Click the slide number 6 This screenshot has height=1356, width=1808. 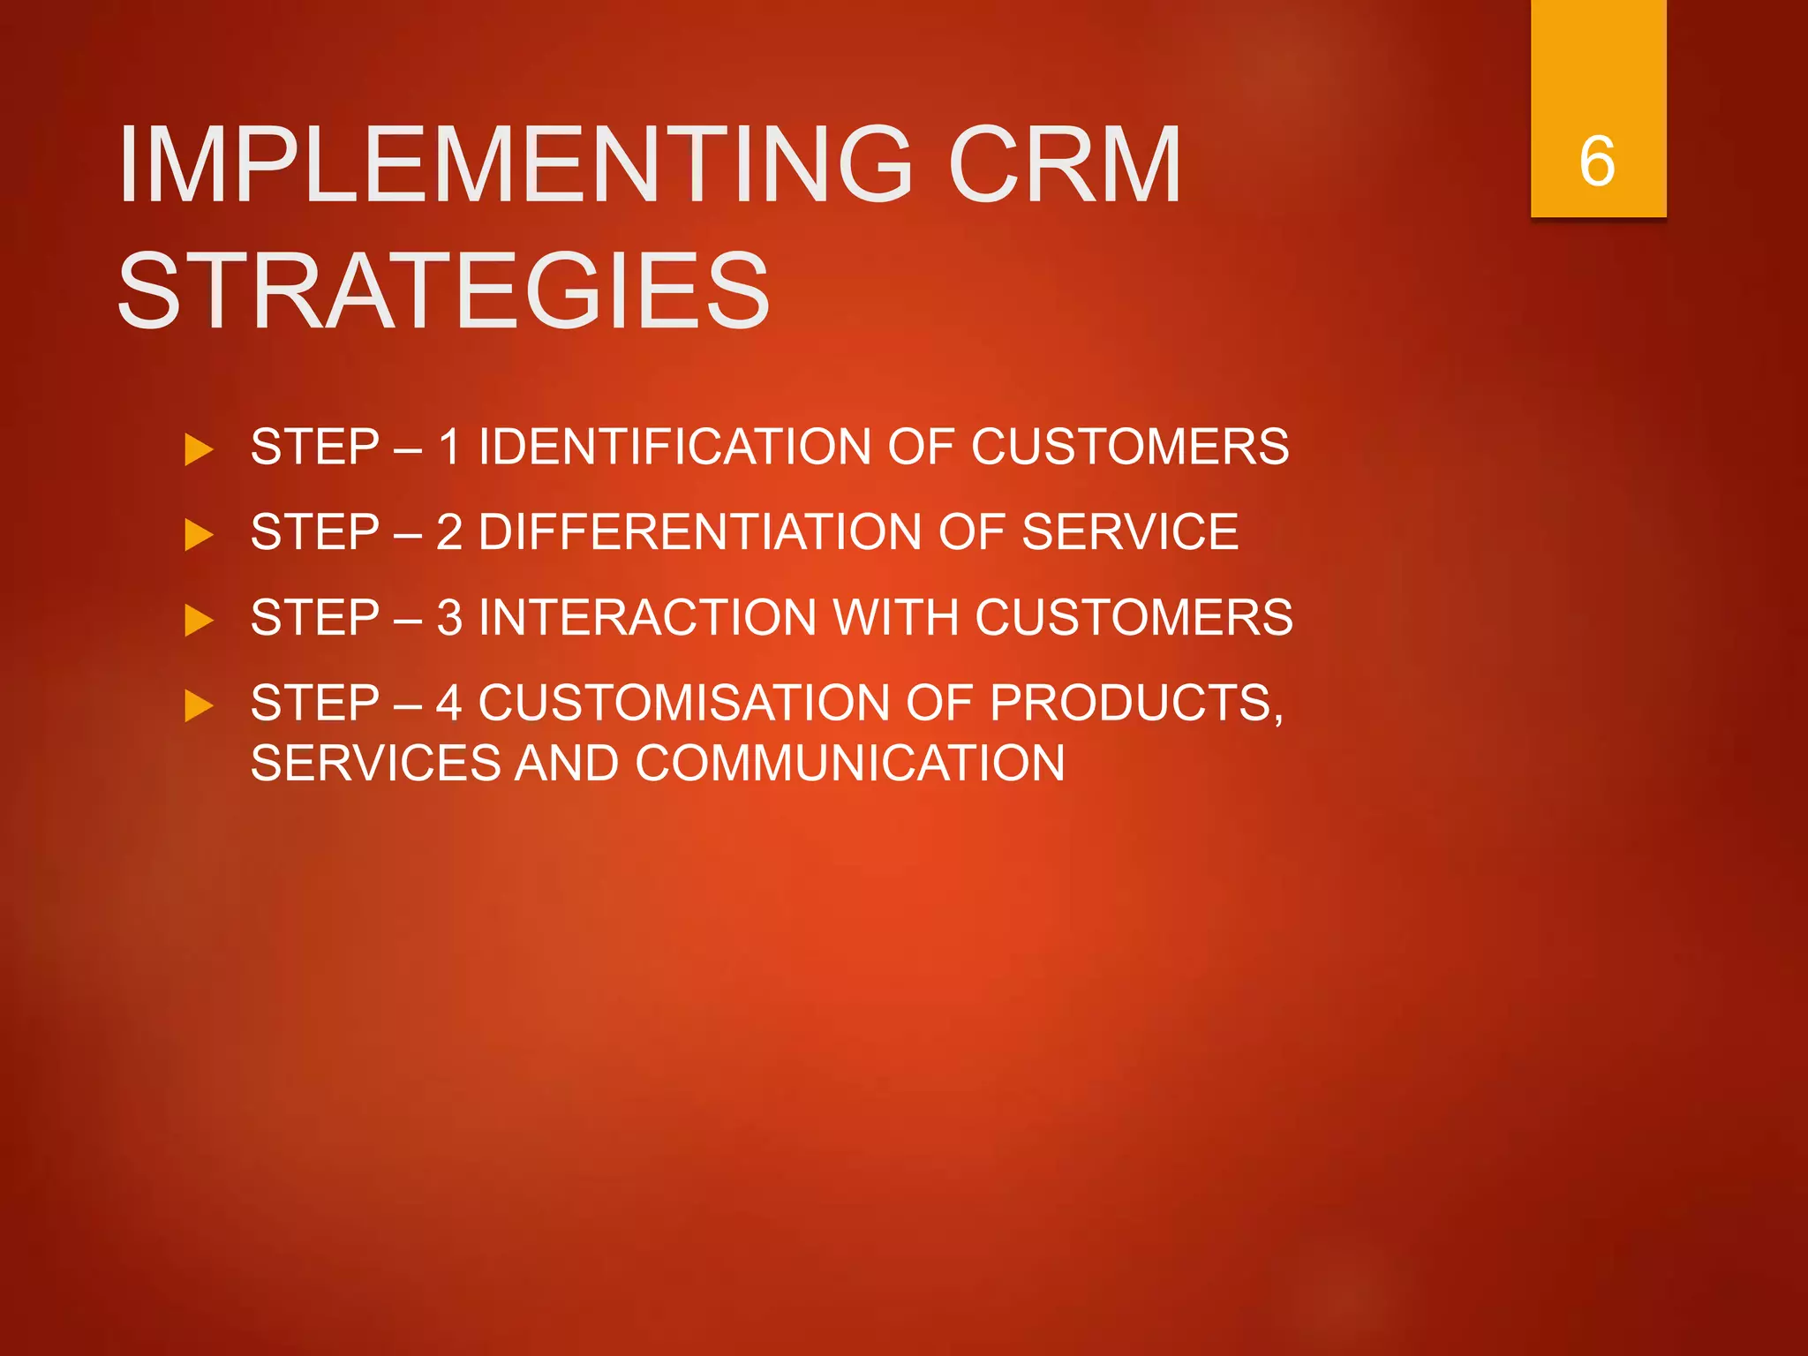click(x=1597, y=162)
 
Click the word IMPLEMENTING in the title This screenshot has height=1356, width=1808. click(x=516, y=165)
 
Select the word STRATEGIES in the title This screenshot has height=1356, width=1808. click(x=444, y=291)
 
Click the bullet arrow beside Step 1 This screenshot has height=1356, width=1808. click(x=199, y=450)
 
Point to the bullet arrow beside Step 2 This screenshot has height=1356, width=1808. click(x=199, y=535)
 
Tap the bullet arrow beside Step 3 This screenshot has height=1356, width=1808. click(x=199, y=621)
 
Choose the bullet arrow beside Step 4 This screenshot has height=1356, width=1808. click(x=199, y=706)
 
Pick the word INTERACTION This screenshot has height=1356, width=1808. click(x=647, y=617)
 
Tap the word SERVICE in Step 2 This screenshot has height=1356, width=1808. click(x=1130, y=532)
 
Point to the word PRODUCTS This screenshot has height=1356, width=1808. click(x=1136, y=704)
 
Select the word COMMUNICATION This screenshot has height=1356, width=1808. click(x=849, y=763)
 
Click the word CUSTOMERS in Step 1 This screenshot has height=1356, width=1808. click(x=1130, y=447)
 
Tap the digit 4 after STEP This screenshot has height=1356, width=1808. click(x=448, y=703)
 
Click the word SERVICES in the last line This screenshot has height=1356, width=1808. click(x=375, y=763)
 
